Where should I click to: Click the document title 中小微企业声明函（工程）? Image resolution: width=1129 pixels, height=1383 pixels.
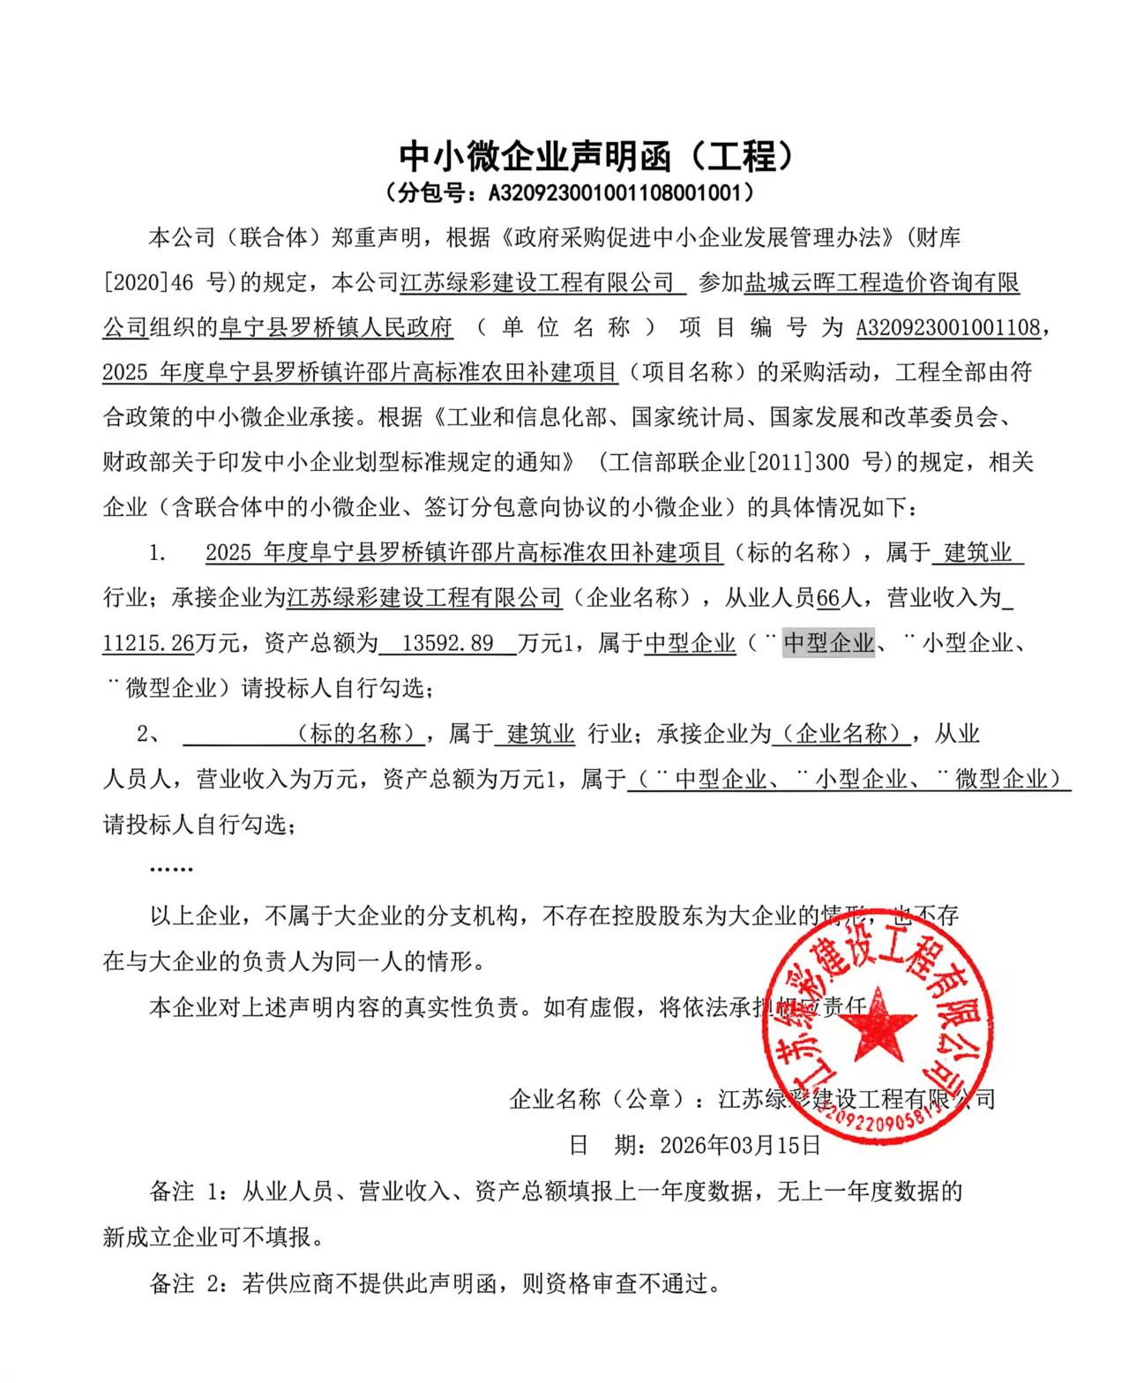coord(596,157)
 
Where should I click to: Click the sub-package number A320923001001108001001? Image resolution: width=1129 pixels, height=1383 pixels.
coord(617,192)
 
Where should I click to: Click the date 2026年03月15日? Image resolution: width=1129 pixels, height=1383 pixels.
coord(740,1145)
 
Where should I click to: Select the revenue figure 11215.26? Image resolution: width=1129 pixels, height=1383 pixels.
coord(148,643)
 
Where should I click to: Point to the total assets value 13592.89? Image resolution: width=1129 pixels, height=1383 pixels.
coord(447,643)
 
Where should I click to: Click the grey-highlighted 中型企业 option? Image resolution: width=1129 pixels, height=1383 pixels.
coord(828,643)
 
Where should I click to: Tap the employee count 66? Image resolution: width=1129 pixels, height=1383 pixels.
coord(828,598)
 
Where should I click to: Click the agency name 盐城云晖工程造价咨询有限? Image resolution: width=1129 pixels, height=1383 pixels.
coord(882,282)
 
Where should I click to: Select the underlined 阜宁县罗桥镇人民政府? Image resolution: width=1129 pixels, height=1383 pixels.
coord(335,327)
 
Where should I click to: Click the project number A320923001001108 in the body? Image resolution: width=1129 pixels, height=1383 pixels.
coord(948,327)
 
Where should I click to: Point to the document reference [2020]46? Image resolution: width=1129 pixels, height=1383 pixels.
coord(148,282)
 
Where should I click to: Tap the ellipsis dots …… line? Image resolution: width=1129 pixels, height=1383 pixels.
coord(171,869)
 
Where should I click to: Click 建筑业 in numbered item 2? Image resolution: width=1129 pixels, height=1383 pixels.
coord(540,733)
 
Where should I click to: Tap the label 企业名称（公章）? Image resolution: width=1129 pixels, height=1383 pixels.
coord(600,1099)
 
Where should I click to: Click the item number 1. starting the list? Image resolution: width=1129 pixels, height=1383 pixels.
coord(158,553)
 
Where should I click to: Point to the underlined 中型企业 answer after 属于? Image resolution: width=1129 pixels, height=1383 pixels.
coord(690,643)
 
